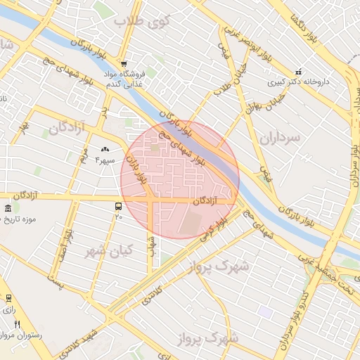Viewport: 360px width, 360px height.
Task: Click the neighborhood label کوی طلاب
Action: point(147,20)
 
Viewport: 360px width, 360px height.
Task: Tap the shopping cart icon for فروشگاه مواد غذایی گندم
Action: point(124,63)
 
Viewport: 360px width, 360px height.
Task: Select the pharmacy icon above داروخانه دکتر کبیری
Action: point(298,71)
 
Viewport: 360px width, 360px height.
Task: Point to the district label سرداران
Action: point(279,138)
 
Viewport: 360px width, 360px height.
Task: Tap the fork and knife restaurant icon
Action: point(17,324)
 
